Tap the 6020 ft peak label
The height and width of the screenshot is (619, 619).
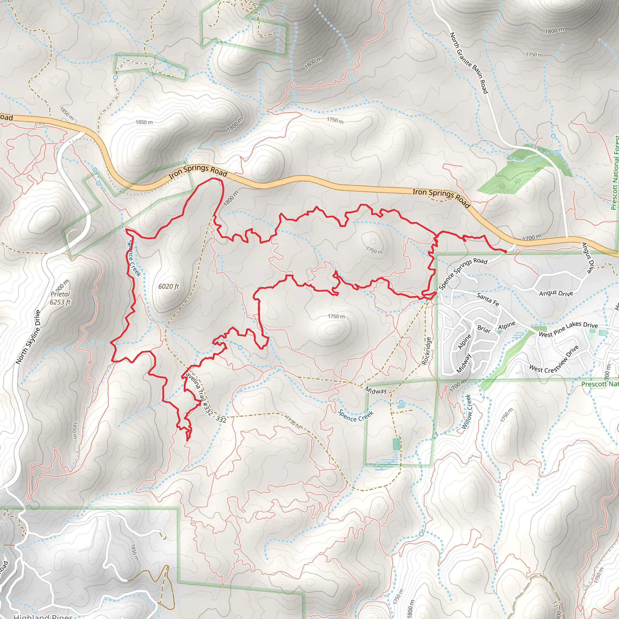(x=169, y=287)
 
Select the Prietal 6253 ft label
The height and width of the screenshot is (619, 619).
(x=60, y=298)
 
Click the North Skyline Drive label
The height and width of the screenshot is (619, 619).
(x=28, y=337)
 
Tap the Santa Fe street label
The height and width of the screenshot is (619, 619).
(x=488, y=299)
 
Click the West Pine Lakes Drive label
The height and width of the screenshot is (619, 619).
(x=568, y=329)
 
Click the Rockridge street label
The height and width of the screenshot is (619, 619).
(x=426, y=351)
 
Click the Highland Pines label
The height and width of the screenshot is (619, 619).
(x=43, y=616)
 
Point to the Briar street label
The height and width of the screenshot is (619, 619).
(x=484, y=329)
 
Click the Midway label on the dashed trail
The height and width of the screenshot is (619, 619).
(x=376, y=390)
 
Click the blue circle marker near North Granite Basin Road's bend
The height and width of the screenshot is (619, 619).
(x=557, y=153)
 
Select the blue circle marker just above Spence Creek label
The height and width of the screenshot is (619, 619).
(x=401, y=402)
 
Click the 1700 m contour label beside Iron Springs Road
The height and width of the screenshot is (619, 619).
(x=532, y=237)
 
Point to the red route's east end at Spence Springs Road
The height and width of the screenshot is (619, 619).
(x=505, y=252)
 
